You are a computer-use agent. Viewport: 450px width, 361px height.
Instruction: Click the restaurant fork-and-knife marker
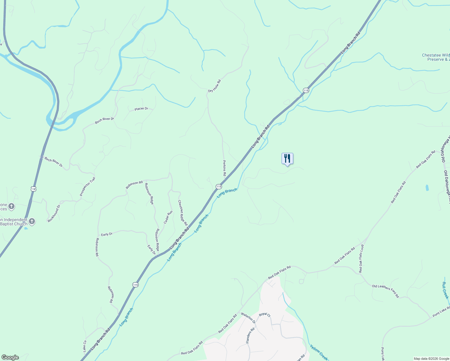pyautogui.click(x=287, y=158)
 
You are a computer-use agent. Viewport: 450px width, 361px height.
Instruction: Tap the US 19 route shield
pyautogui.click(x=33, y=189)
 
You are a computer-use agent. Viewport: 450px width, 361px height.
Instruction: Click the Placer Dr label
pyautogui.click(x=141, y=109)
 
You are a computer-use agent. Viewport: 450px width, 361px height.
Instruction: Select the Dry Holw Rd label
pyautogui.click(x=214, y=86)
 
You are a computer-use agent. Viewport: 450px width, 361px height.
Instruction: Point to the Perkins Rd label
pyautogui.click(x=224, y=168)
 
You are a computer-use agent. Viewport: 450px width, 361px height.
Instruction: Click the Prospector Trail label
pyautogui.click(x=88, y=187)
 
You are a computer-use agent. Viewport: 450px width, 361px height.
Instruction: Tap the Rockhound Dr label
pyautogui.click(x=54, y=213)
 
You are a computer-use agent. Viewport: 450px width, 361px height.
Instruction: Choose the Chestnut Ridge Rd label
pyautogui.click(x=183, y=213)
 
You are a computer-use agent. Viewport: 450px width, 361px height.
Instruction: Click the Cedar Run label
pyautogui.click(x=168, y=217)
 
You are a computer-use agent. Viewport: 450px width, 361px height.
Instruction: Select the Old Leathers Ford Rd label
pyautogui.click(x=385, y=291)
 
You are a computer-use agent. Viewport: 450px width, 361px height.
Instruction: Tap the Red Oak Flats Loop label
pyautogui.click(x=361, y=258)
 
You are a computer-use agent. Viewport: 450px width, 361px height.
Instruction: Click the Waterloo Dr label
pyautogui.click(x=248, y=318)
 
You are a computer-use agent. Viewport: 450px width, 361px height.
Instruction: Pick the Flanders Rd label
pyautogui.click(x=250, y=335)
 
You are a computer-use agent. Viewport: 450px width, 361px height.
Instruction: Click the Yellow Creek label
pyautogui.click(x=319, y=352)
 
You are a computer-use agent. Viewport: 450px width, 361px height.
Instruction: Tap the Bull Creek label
pyautogui.click(x=445, y=290)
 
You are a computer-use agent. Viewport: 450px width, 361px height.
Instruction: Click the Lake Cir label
pyautogui.click(x=85, y=346)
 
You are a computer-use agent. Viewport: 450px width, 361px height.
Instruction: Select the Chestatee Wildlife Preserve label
pyautogui.click(x=436, y=57)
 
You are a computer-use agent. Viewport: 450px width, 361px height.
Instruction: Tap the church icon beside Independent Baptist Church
pyautogui.click(x=32, y=221)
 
